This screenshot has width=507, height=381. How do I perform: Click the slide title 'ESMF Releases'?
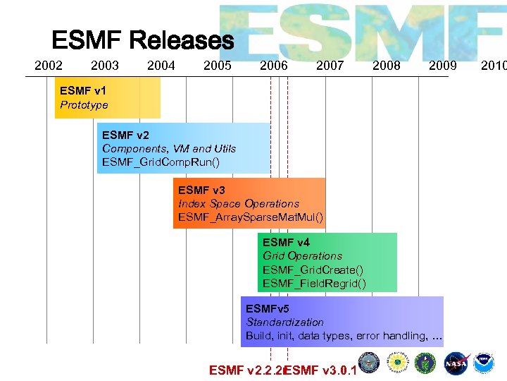pos(142,40)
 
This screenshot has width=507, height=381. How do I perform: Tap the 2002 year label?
pos(49,66)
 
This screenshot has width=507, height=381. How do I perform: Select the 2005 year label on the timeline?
pos(217,66)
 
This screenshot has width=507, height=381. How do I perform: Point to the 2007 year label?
pos(330,66)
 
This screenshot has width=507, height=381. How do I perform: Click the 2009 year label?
pos(442,66)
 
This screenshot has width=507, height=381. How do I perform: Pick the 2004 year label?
pos(161,66)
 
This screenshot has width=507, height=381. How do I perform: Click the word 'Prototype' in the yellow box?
pos(84,105)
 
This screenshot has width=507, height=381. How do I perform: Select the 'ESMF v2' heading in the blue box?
pos(125,134)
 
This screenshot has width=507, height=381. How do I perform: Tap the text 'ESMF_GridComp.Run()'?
pos(161,162)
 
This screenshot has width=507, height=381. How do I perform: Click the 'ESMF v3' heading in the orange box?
pos(201,190)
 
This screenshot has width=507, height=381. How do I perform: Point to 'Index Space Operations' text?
pos(239,203)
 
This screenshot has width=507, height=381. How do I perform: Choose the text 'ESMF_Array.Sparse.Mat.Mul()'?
pos(251,217)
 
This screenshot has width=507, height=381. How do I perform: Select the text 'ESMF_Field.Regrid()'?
pos(314,284)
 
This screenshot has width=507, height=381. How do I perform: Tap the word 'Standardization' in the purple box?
pos(284,322)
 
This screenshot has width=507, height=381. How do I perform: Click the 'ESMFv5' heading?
pos(267,308)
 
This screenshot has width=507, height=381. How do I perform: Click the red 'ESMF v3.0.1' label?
pos(321,370)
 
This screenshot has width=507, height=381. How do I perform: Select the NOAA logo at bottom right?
pos(484,362)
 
